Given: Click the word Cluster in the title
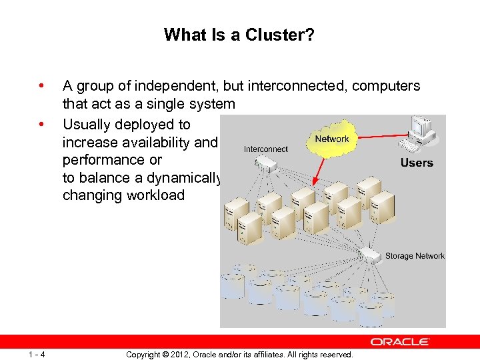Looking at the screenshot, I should pyautogui.click(x=278, y=34).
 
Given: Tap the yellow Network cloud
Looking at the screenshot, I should pyautogui.click(x=331, y=141).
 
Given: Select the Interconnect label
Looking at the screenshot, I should pyautogui.click(x=266, y=149).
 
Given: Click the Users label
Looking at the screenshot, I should pyautogui.click(x=417, y=163).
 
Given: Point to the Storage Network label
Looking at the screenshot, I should pyautogui.click(x=415, y=256).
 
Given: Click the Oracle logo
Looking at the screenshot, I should pyautogui.click(x=400, y=342).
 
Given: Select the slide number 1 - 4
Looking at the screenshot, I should pyautogui.click(x=37, y=355).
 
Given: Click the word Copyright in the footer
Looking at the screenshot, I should pyautogui.click(x=145, y=355).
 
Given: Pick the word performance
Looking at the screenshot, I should pyautogui.click(x=103, y=160).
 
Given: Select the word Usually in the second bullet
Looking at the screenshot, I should pyautogui.click(x=87, y=124).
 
